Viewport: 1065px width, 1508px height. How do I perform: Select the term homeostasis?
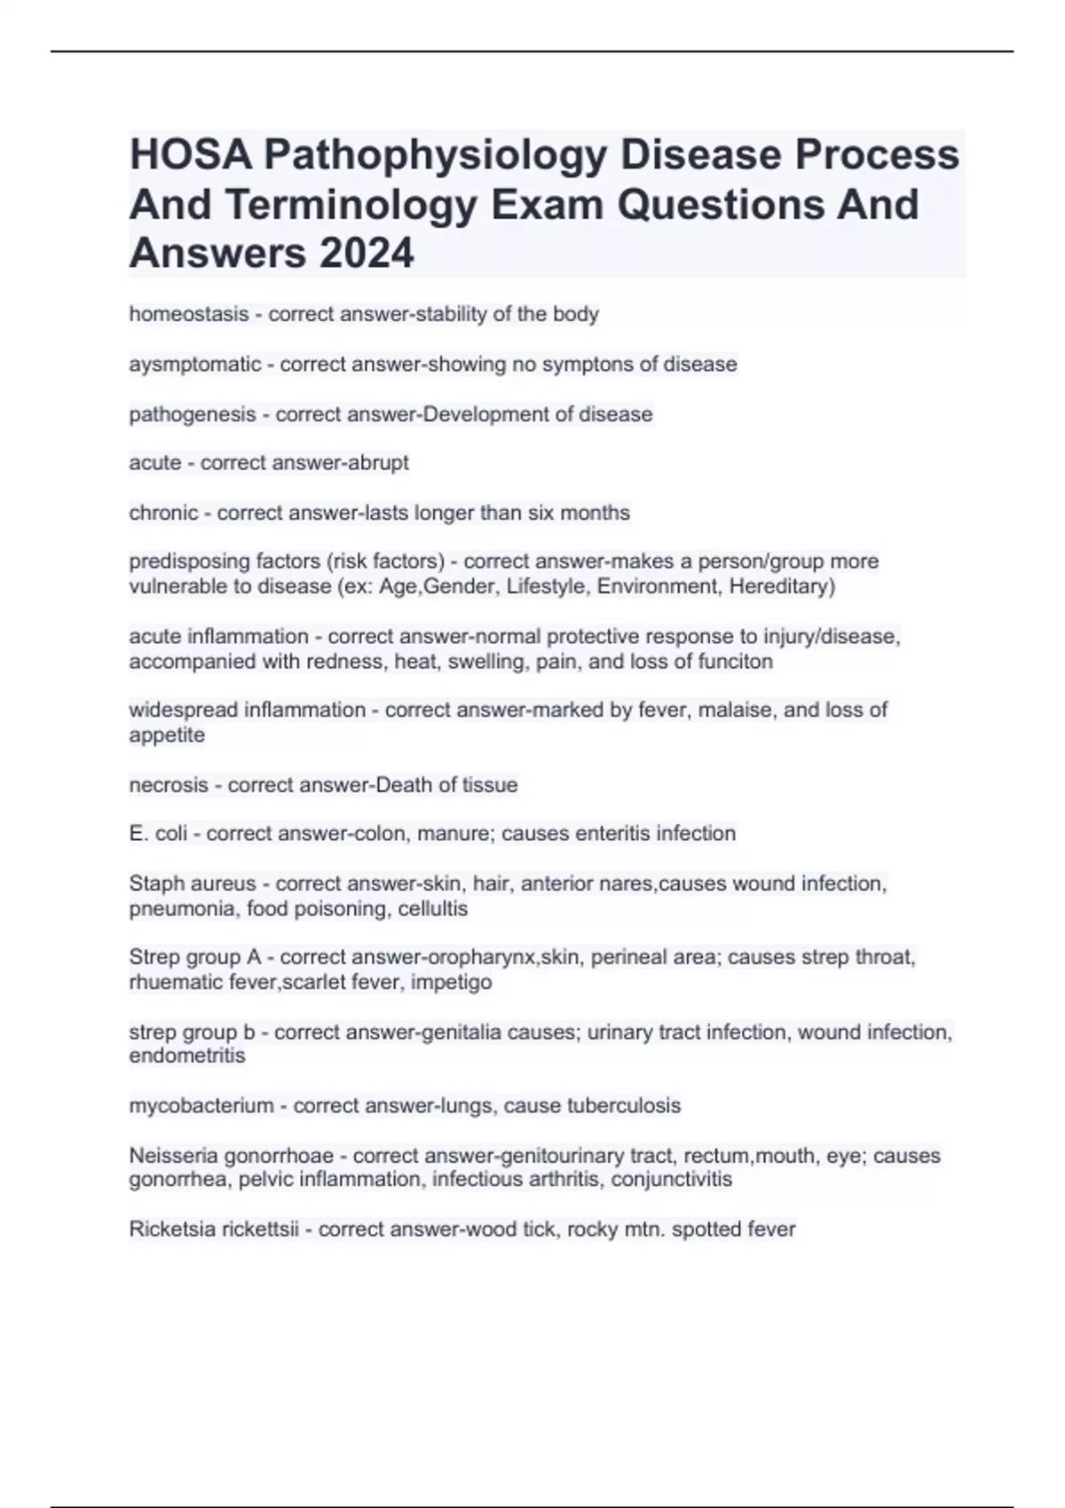tap(189, 314)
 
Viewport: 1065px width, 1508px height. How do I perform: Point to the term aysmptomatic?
tap(195, 365)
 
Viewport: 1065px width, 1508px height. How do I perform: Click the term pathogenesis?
tap(192, 414)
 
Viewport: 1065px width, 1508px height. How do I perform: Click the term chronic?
tap(164, 513)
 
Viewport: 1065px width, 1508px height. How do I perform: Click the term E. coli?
tap(158, 834)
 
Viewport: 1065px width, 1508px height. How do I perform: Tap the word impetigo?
tap(451, 983)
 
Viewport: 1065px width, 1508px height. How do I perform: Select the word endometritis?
tap(187, 1056)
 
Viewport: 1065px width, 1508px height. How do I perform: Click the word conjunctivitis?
tap(672, 1180)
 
